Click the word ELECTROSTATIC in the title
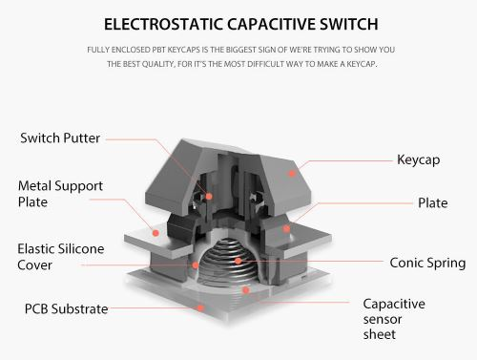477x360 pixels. [x=163, y=24]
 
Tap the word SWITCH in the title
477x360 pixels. [x=349, y=24]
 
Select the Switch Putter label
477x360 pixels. [x=60, y=138]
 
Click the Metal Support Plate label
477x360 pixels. [x=60, y=194]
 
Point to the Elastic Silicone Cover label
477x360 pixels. [x=61, y=257]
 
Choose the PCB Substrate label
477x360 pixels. [x=66, y=308]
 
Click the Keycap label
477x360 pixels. [x=419, y=159]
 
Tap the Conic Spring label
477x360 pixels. [x=427, y=263]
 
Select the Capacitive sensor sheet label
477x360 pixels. [x=394, y=319]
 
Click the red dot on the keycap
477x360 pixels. [x=292, y=174]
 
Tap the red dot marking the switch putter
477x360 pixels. [x=209, y=197]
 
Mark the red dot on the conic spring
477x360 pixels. [x=238, y=261]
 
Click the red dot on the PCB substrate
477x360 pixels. [x=200, y=307]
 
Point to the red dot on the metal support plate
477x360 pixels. [x=156, y=233]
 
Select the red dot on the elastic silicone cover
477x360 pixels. [x=196, y=265]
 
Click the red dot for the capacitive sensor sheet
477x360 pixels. [x=245, y=290]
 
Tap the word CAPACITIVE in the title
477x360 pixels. [x=271, y=24]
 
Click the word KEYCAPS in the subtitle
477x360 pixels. [x=184, y=50]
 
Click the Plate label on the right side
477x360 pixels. [x=433, y=202]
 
